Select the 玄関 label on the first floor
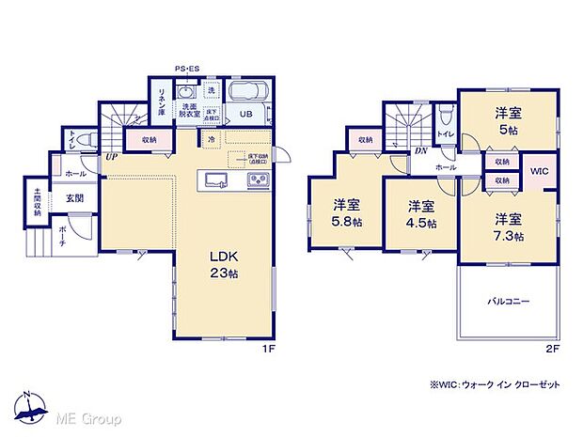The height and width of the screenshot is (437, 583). point(75,198)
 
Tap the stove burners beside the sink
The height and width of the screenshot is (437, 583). point(257,179)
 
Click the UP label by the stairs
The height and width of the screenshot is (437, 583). point(111,156)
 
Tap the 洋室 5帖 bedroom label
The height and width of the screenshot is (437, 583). point(507,120)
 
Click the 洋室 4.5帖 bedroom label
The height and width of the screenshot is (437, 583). point(421,213)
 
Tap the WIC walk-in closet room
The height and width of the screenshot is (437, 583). point(539,171)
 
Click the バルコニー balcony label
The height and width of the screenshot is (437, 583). point(508,303)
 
